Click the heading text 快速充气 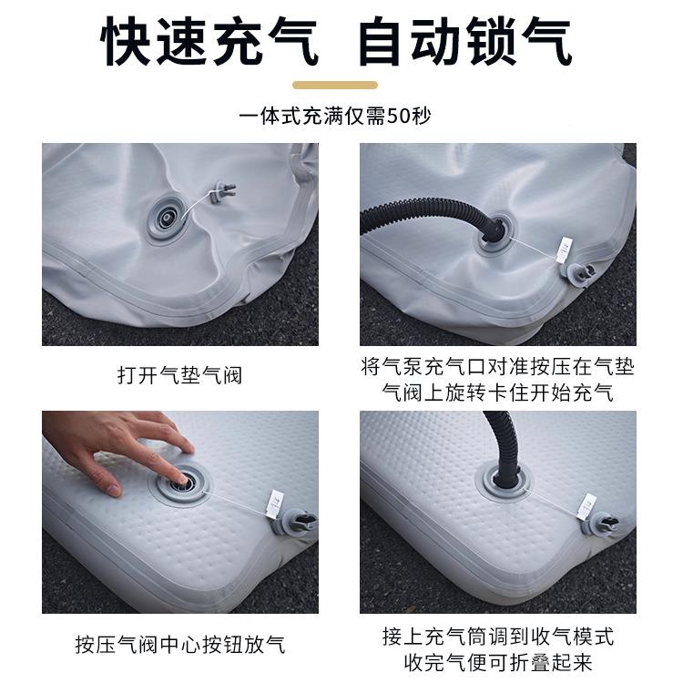pyautogui.click(x=210, y=41)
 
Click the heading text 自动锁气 pyautogui.click(x=465, y=41)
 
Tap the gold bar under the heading pyautogui.click(x=341, y=85)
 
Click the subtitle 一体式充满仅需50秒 pyautogui.click(x=341, y=116)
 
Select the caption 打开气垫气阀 pyautogui.click(x=179, y=374)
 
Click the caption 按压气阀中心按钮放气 pyautogui.click(x=179, y=645)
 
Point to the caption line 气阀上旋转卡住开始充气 pyautogui.click(x=497, y=393)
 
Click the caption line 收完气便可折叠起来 pyautogui.click(x=497, y=659)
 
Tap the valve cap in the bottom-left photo pyautogui.click(x=298, y=524)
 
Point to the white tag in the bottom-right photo pyautogui.click(x=587, y=502)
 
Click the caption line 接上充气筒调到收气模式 pyautogui.click(x=497, y=635)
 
